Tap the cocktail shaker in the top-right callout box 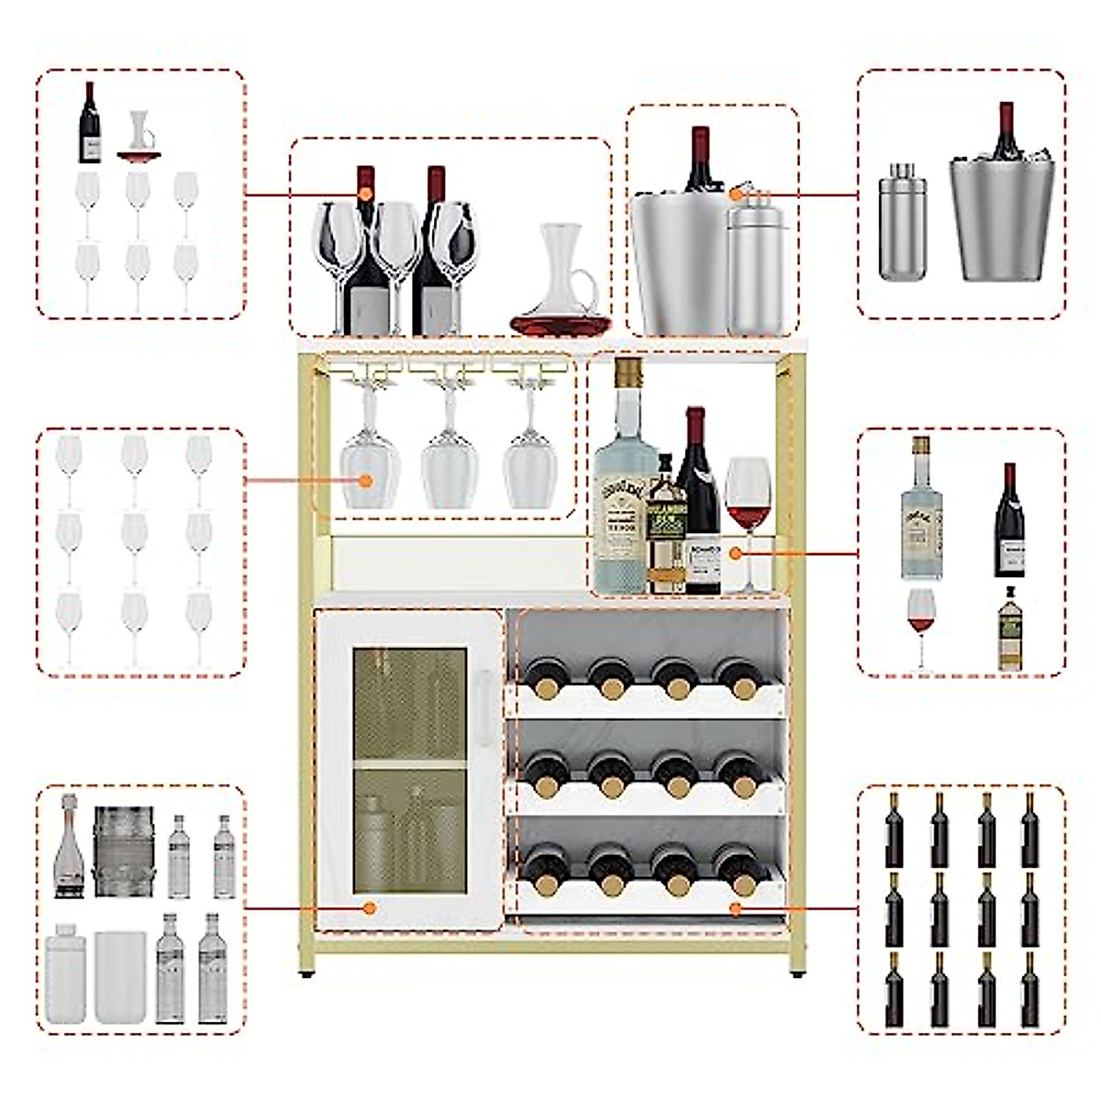tap(902, 224)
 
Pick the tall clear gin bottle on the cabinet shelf tap(624, 495)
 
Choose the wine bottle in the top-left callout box tap(89, 124)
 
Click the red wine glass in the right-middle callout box tap(921, 624)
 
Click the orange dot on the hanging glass tap(366, 480)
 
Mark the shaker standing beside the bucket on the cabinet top tap(758, 271)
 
